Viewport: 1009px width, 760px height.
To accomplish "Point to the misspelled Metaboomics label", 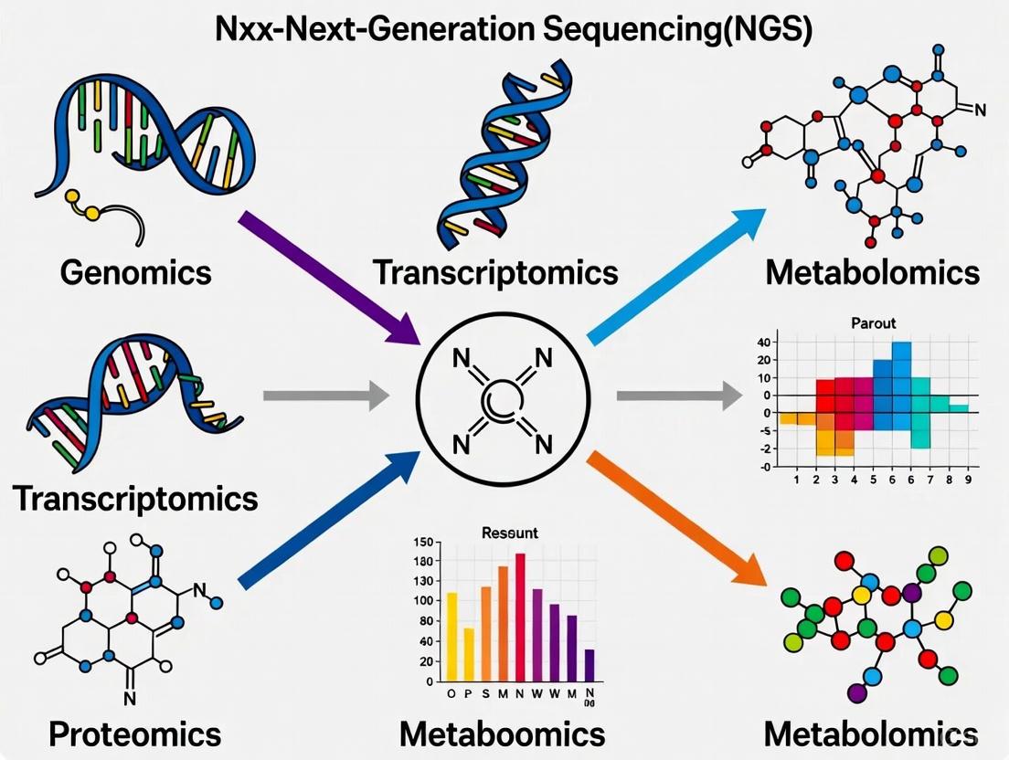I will (502, 734).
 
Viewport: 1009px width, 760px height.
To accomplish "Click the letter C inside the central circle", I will (502, 400).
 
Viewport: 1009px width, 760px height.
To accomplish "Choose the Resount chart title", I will (509, 533).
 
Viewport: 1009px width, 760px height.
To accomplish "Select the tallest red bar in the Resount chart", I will (520, 617).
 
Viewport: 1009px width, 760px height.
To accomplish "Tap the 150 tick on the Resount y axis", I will (422, 543).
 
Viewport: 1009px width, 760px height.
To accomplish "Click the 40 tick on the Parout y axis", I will (763, 342).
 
